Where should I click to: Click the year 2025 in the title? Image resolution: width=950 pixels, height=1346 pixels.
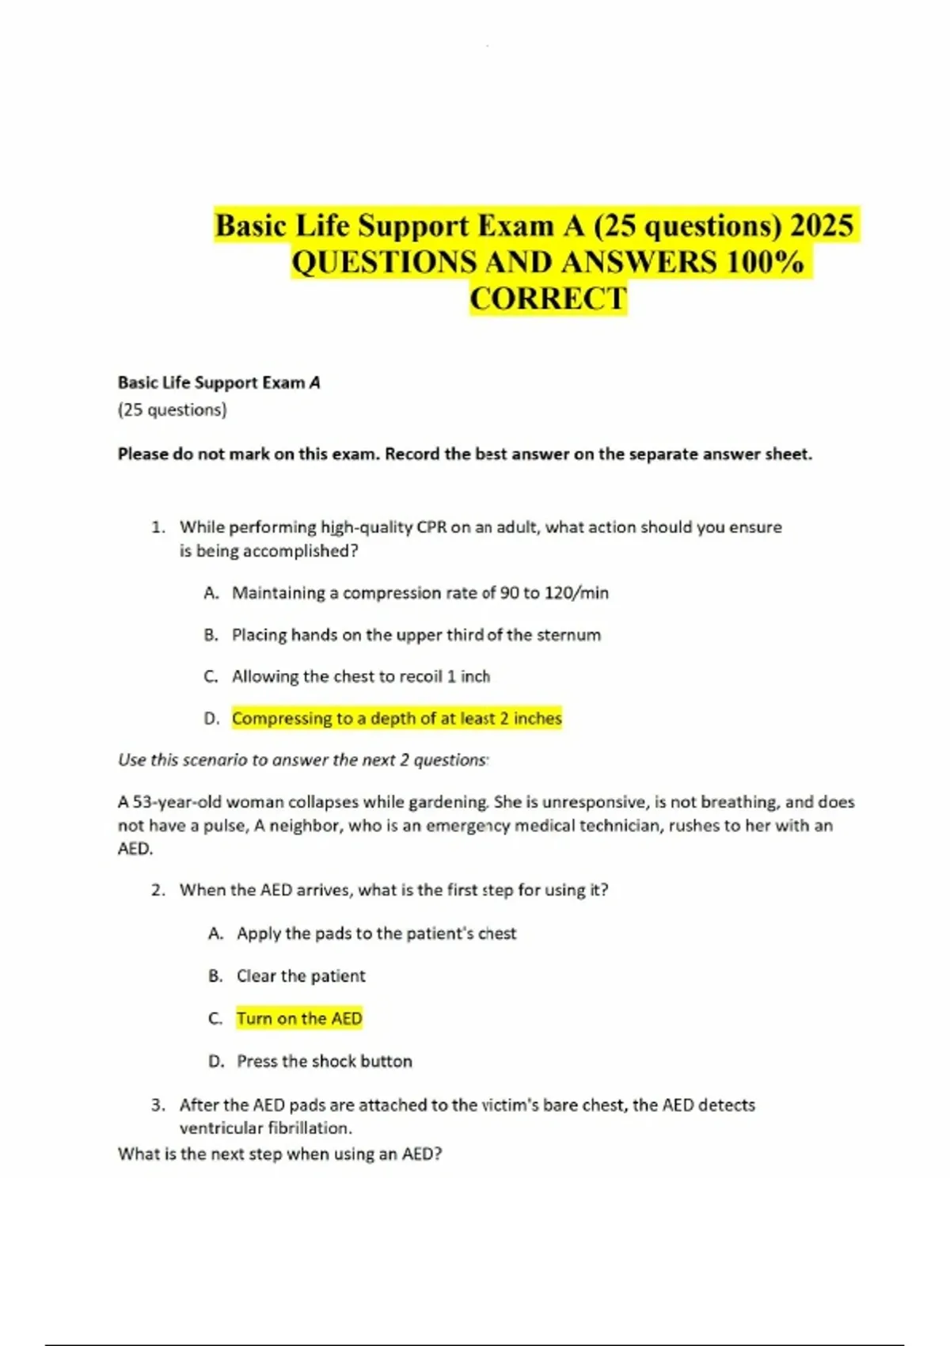pyautogui.click(x=822, y=226)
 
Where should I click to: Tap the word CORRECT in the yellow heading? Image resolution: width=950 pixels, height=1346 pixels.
pyautogui.click(x=548, y=299)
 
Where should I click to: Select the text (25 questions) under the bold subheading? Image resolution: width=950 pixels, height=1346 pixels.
pyautogui.click(x=172, y=410)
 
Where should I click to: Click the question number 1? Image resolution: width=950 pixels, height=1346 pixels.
pyautogui.click(x=158, y=527)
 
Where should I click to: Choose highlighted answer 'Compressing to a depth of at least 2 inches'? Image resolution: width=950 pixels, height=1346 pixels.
pyautogui.click(x=397, y=719)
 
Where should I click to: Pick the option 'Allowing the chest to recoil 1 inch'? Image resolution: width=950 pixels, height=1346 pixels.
pyautogui.click(x=360, y=677)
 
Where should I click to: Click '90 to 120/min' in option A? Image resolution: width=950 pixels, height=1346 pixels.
pyautogui.click(x=554, y=593)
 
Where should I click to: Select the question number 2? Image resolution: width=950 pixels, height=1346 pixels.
pyautogui.click(x=158, y=891)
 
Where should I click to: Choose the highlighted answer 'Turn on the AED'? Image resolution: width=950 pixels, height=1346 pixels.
pyautogui.click(x=299, y=1019)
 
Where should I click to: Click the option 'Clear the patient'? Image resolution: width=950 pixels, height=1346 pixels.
pyautogui.click(x=301, y=976)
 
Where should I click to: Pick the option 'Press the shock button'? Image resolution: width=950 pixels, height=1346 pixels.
pyautogui.click(x=324, y=1062)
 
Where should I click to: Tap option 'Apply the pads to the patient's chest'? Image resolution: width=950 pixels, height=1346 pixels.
pyautogui.click(x=376, y=934)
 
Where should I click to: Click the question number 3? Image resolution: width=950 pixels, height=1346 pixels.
pyautogui.click(x=158, y=1105)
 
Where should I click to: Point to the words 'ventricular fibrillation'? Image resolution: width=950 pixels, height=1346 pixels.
pyautogui.click(x=265, y=1128)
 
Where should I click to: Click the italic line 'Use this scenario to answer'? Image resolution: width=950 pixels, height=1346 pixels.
pyautogui.click(x=302, y=760)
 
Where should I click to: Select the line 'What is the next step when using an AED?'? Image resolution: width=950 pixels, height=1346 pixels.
pyautogui.click(x=279, y=1154)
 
